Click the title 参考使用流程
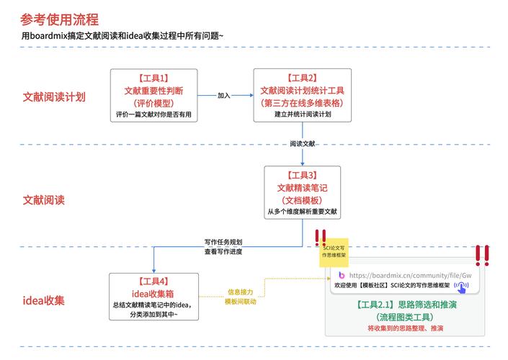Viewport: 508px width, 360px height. (60, 19)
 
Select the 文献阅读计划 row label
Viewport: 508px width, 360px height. (54, 96)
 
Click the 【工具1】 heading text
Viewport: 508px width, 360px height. (153, 78)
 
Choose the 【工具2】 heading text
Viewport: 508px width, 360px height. (302, 78)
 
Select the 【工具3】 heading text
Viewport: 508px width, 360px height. (302, 175)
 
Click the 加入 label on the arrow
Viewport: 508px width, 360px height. (224, 94)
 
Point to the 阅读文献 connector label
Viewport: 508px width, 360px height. (303, 144)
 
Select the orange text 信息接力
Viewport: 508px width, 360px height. (240, 292)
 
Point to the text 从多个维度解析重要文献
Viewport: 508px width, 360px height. (303, 212)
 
